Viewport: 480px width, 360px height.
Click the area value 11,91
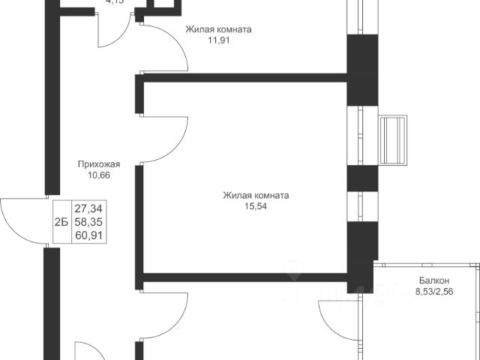tap(218, 41)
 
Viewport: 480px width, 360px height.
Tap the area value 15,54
tap(256, 207)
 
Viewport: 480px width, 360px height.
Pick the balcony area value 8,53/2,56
tap(435, 294)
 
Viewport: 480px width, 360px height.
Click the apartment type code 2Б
tap(59, 222)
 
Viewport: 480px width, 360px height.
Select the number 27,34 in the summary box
tap(88, 208)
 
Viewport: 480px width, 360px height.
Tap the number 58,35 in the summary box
tap(88, 222)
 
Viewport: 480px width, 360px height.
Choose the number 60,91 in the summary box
tap(88, 235)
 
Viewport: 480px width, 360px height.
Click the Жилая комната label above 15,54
tap(256, 196)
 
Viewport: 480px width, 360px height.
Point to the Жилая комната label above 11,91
tap(218, 30)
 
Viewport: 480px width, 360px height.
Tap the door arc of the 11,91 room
tap(169, 45)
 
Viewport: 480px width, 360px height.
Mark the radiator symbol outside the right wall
tap(395, 141)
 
